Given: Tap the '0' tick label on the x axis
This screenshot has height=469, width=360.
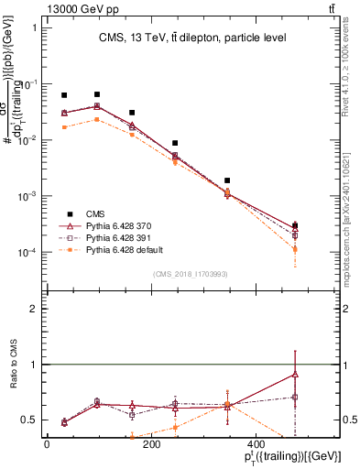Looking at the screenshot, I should [47, 445].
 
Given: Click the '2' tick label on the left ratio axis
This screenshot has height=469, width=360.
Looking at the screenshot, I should [33, 309].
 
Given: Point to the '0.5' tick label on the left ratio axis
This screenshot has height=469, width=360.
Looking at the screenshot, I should [27, 420].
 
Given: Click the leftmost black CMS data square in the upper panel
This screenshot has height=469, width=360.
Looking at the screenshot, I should [64, 95].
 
